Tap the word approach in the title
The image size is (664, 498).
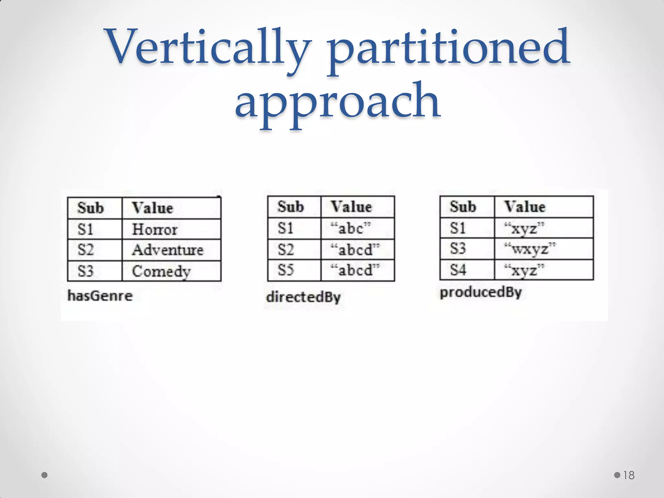pyautogui.click(x=337, y=102)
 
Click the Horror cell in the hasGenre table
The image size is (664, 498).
pyautogui.click(x=155, y=230)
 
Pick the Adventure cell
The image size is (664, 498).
pyautogui.click(x=168, y=250)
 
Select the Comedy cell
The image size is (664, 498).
pyautogui.click(x=161, y=271)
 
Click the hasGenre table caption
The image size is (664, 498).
pyautogui.click(x=100, y=296)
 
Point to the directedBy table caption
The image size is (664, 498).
pyautogui.click(x=303, y=297)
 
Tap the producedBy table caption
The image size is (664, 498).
pyautogui.click(x=480, y=292)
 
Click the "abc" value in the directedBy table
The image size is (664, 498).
pyautogui.click(x=351, y=228)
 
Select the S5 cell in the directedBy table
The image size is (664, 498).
pyautogui.click(x=286, y=270)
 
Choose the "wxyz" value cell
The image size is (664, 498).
pyautogui.click(x=530, y=249)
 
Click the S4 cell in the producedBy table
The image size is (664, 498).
pyautogui.click(x=458, y=270)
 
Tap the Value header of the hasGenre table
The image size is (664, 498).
pyautogui.click(x=152, y=208)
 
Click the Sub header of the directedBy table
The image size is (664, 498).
pyautogui.click(x=290, y=207)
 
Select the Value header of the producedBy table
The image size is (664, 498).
pyautogui.click(x=525, y=207)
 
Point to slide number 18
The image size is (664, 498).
pyautogui.click(x=629, y=475)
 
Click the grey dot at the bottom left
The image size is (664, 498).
pyautogui.click(x=45, y=475)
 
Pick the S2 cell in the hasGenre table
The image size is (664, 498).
pyautogui.click(x=86, y=250)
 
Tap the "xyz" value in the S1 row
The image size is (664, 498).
pyautogui.click(x=524, y=229)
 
